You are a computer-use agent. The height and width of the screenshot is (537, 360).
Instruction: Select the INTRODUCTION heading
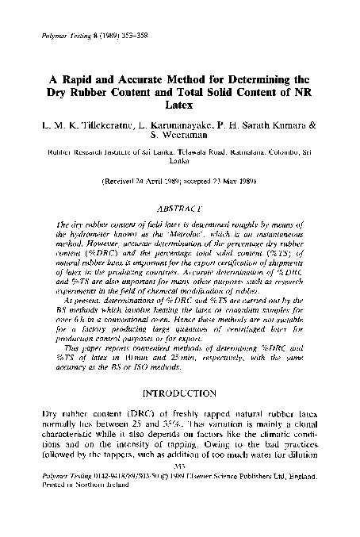pos(179,393)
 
